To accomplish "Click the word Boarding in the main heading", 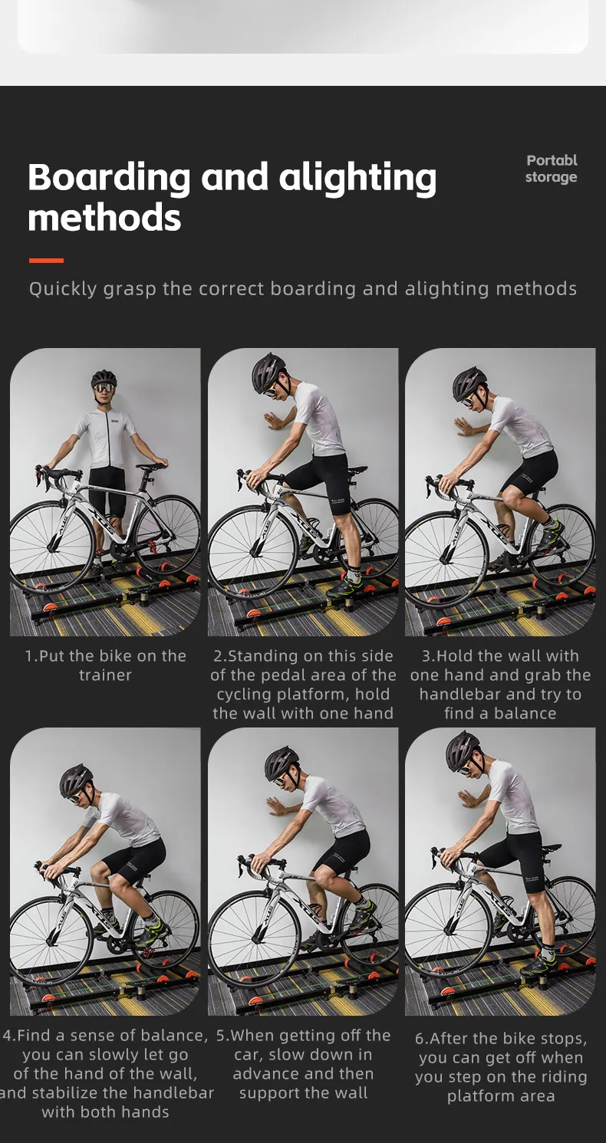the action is (109, 179).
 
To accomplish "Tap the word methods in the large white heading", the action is (104, 218).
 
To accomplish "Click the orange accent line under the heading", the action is (46, 260).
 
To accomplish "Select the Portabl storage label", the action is (552, 169).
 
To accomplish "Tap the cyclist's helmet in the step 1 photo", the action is (104, 379).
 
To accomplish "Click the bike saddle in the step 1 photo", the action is (152, 465).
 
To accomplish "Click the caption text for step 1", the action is (105, 665).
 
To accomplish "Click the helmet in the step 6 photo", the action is (463, 749).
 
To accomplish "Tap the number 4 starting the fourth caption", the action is (7, 1036).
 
